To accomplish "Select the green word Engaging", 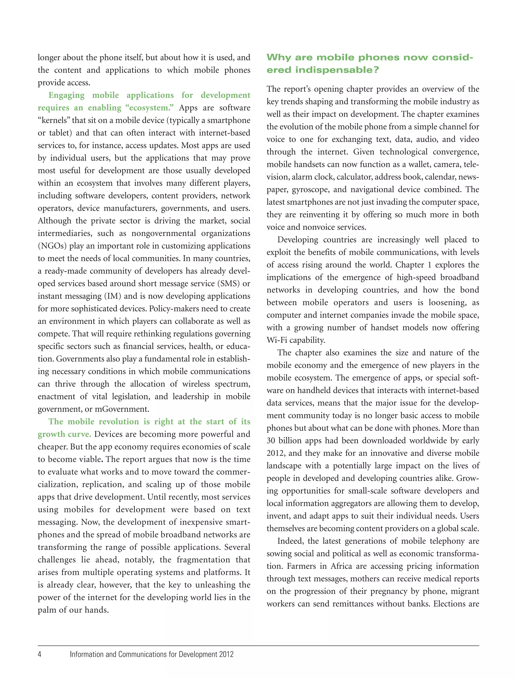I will pos(66,95).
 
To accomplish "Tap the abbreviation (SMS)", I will pos(228,284).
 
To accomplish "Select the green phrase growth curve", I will pos(64,434).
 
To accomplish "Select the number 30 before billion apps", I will pos(271,441).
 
